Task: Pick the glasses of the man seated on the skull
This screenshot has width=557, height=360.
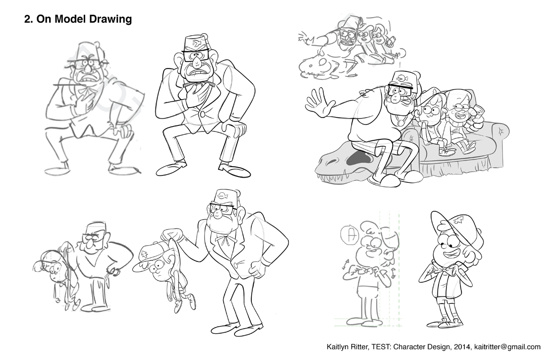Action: click(x=400, y=91)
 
